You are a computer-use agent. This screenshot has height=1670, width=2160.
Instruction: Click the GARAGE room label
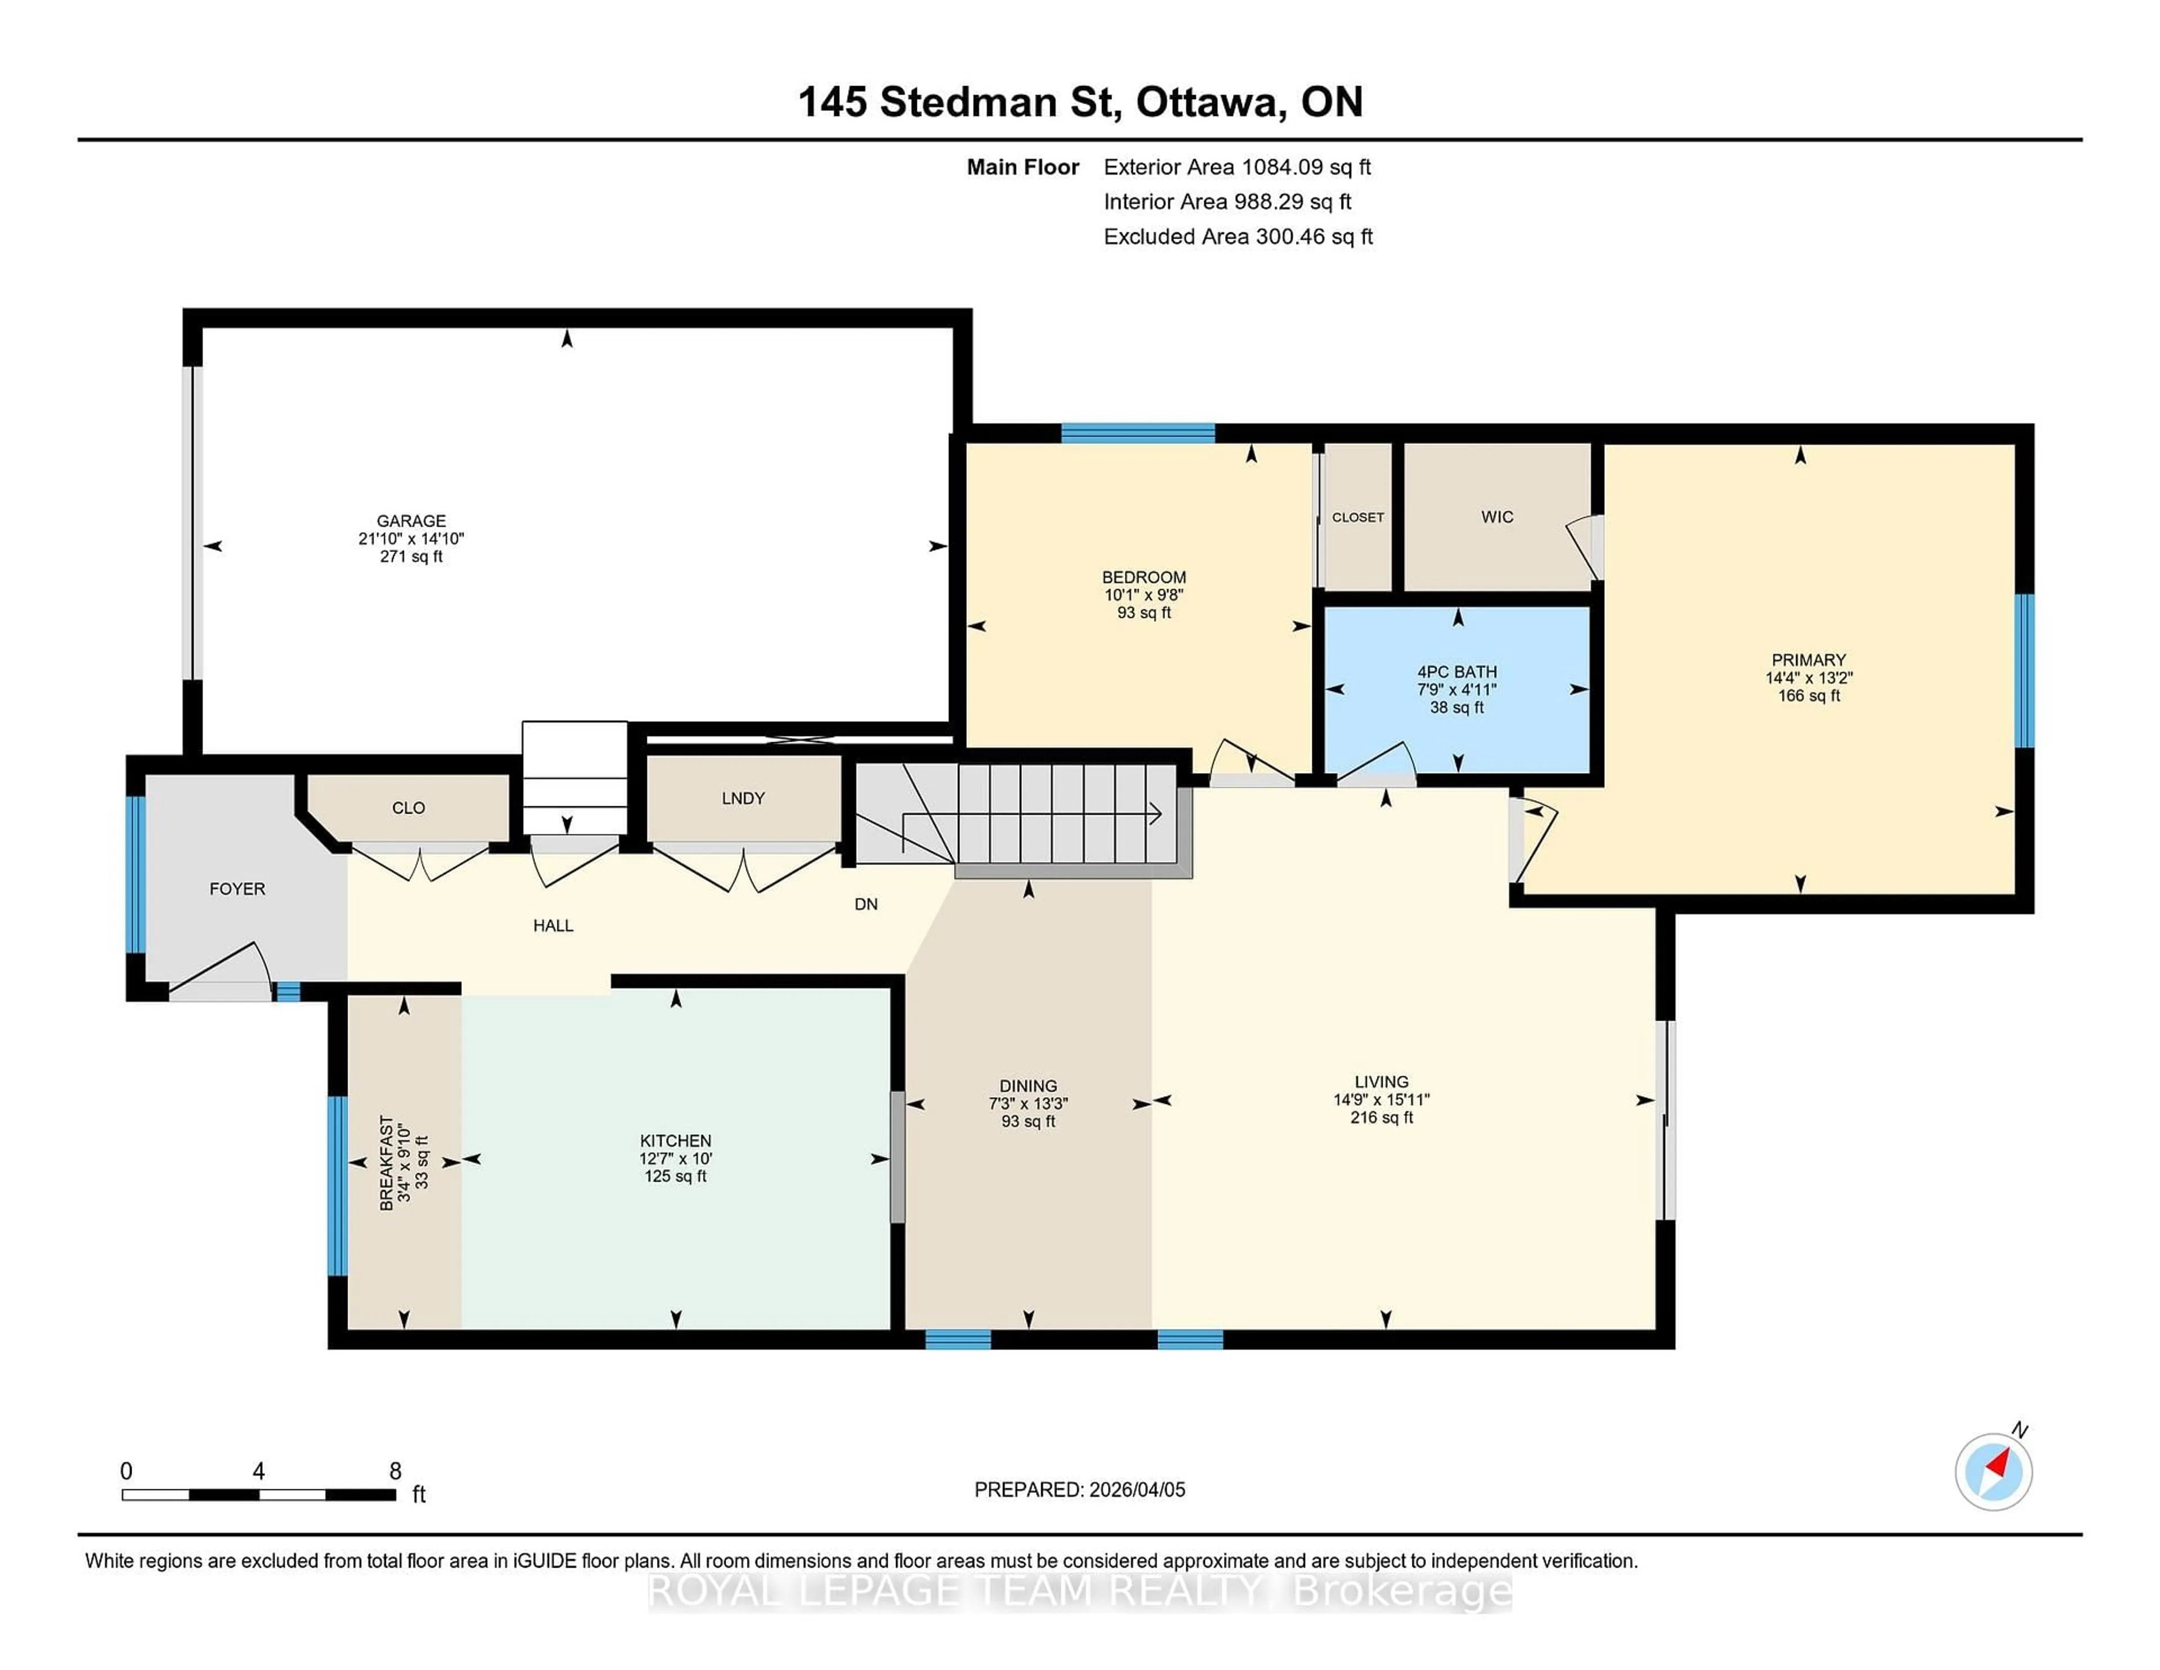[x=411, y=520]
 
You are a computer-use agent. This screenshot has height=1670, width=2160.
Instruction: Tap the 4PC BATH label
[x=1457, y=672]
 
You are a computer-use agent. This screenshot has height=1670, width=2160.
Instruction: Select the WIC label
[x=1497, y=517]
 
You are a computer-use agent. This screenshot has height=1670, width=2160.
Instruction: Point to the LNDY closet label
[x=742, y=798]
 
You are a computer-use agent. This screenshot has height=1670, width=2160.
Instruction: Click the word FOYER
[x=237, y=888]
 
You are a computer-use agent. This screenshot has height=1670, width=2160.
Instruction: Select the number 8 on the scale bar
[x=395, y=1471]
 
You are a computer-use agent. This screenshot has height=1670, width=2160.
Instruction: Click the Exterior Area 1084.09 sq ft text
[x=1237, y=167]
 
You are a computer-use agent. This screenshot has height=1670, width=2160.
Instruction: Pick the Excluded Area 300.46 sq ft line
[x=1237, y=236]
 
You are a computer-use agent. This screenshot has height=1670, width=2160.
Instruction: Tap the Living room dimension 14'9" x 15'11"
[x=1381, y=1099]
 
